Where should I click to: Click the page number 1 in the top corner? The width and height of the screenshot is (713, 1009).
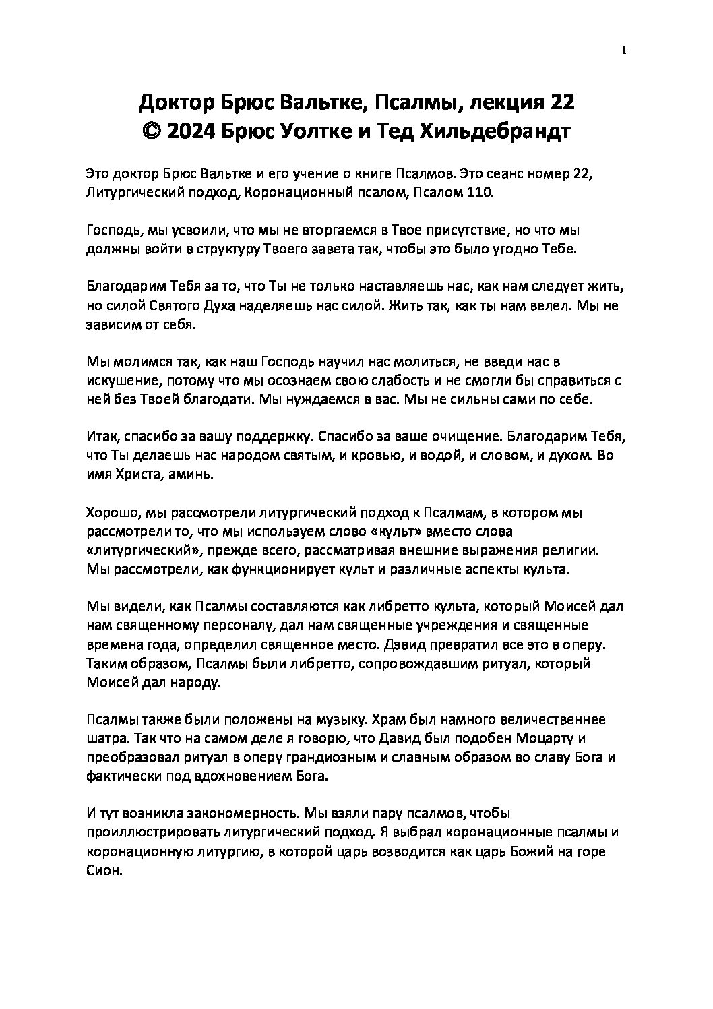click(x=625, y=50)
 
